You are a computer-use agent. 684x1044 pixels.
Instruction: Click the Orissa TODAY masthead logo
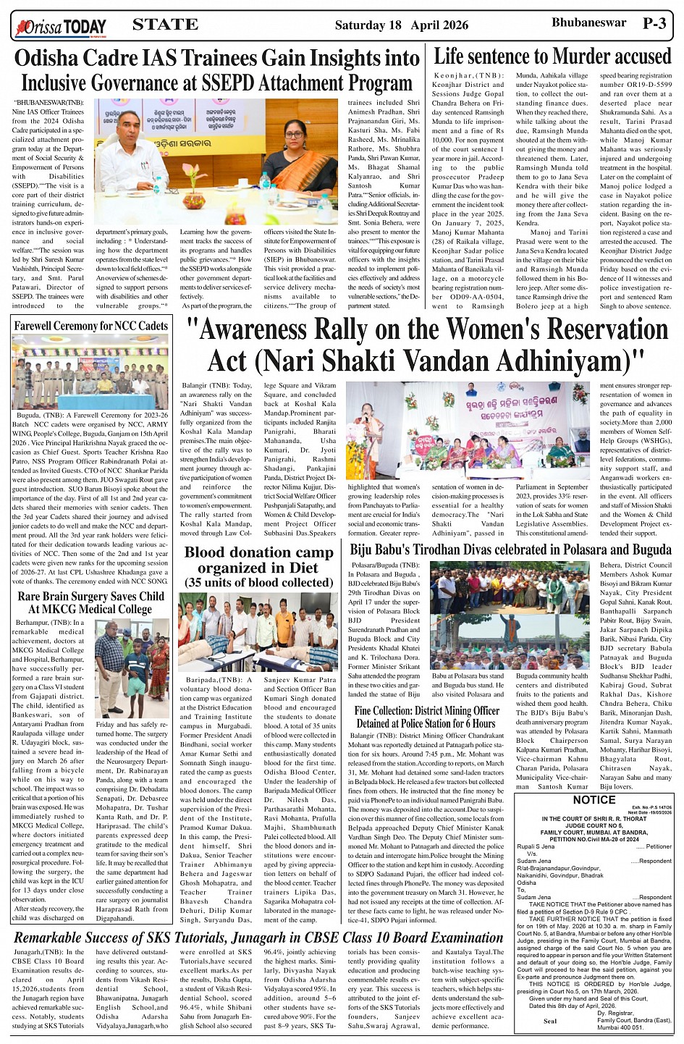[61, 28]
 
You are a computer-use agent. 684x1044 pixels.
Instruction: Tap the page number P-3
[654, 24]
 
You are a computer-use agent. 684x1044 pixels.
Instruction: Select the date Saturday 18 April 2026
[401, 25]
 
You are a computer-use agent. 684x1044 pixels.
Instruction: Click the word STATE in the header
[165, 25]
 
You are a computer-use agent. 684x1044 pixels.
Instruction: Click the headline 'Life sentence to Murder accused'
[552, 56]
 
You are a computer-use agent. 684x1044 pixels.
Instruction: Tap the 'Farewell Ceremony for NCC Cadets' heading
[91, 326]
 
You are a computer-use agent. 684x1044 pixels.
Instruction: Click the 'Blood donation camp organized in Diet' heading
[258, 560]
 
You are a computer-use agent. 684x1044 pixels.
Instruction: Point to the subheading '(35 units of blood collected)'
[258, 583]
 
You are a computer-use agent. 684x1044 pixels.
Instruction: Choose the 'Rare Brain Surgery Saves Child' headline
[91, 597]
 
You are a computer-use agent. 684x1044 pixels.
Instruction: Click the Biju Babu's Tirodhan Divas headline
[511, 550]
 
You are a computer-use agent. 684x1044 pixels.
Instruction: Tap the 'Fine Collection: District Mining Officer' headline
[427, 717]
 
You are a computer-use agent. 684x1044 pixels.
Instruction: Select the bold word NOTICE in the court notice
[594, 800]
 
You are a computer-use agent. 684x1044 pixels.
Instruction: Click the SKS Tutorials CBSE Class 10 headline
[258, 938]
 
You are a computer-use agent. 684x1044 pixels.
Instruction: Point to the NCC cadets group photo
[90, 372]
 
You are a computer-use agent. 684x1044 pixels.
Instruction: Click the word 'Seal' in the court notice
[549, 1022]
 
